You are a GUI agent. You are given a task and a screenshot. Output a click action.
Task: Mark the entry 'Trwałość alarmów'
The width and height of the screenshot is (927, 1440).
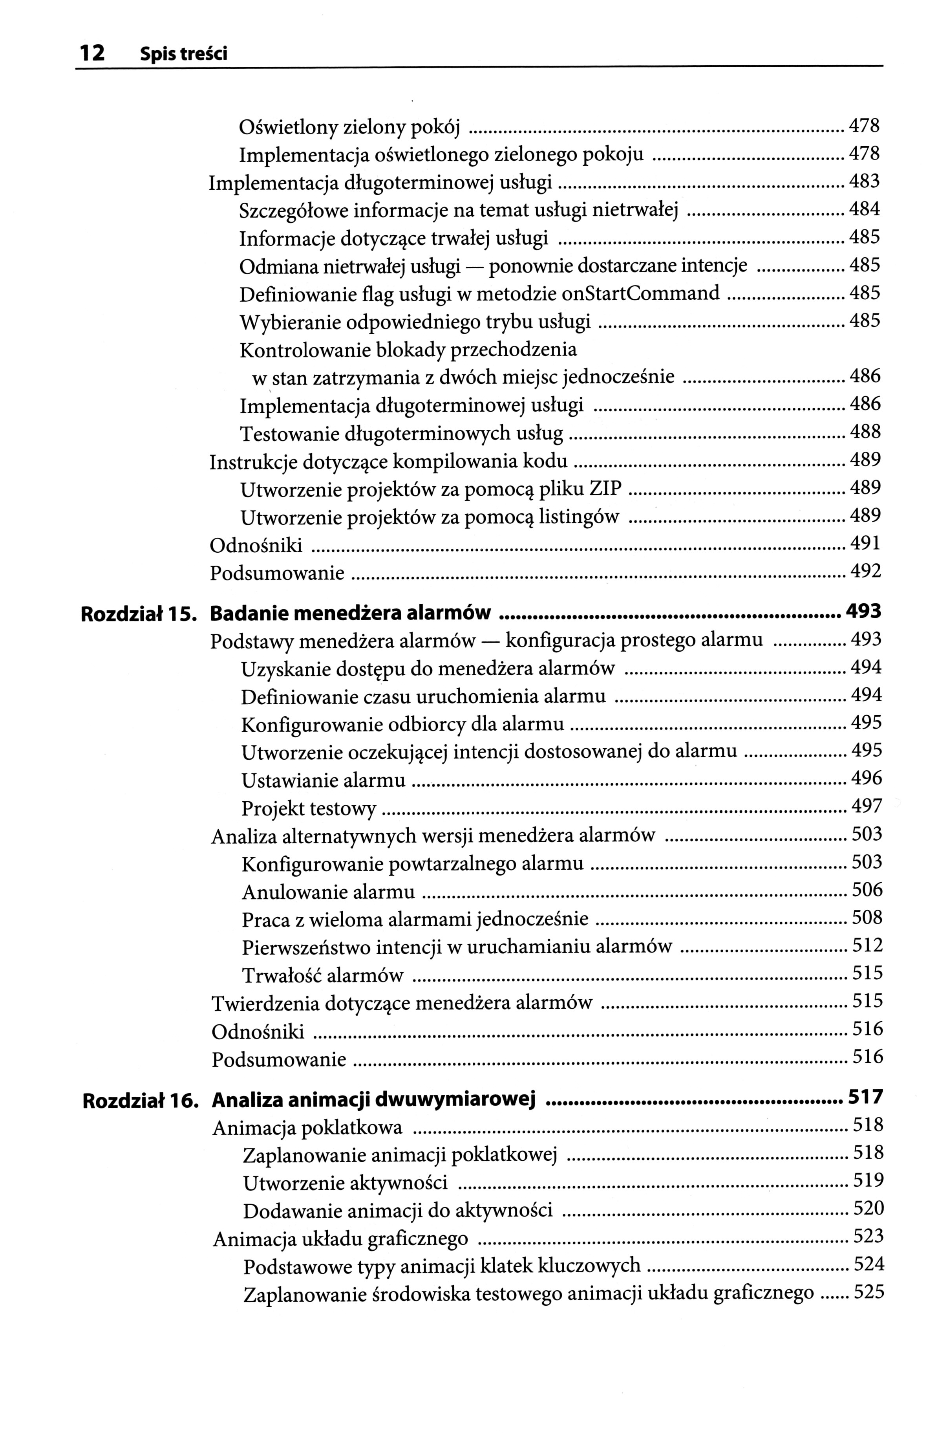[x=323, y=975]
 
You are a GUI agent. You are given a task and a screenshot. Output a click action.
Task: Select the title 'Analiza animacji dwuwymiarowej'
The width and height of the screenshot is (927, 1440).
[x=374, y=1100]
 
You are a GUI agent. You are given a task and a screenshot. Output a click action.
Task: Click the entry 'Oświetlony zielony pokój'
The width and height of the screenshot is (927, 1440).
[x=349, y=127]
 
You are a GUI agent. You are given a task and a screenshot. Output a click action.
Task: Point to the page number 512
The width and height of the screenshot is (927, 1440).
[x=867, y=945]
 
